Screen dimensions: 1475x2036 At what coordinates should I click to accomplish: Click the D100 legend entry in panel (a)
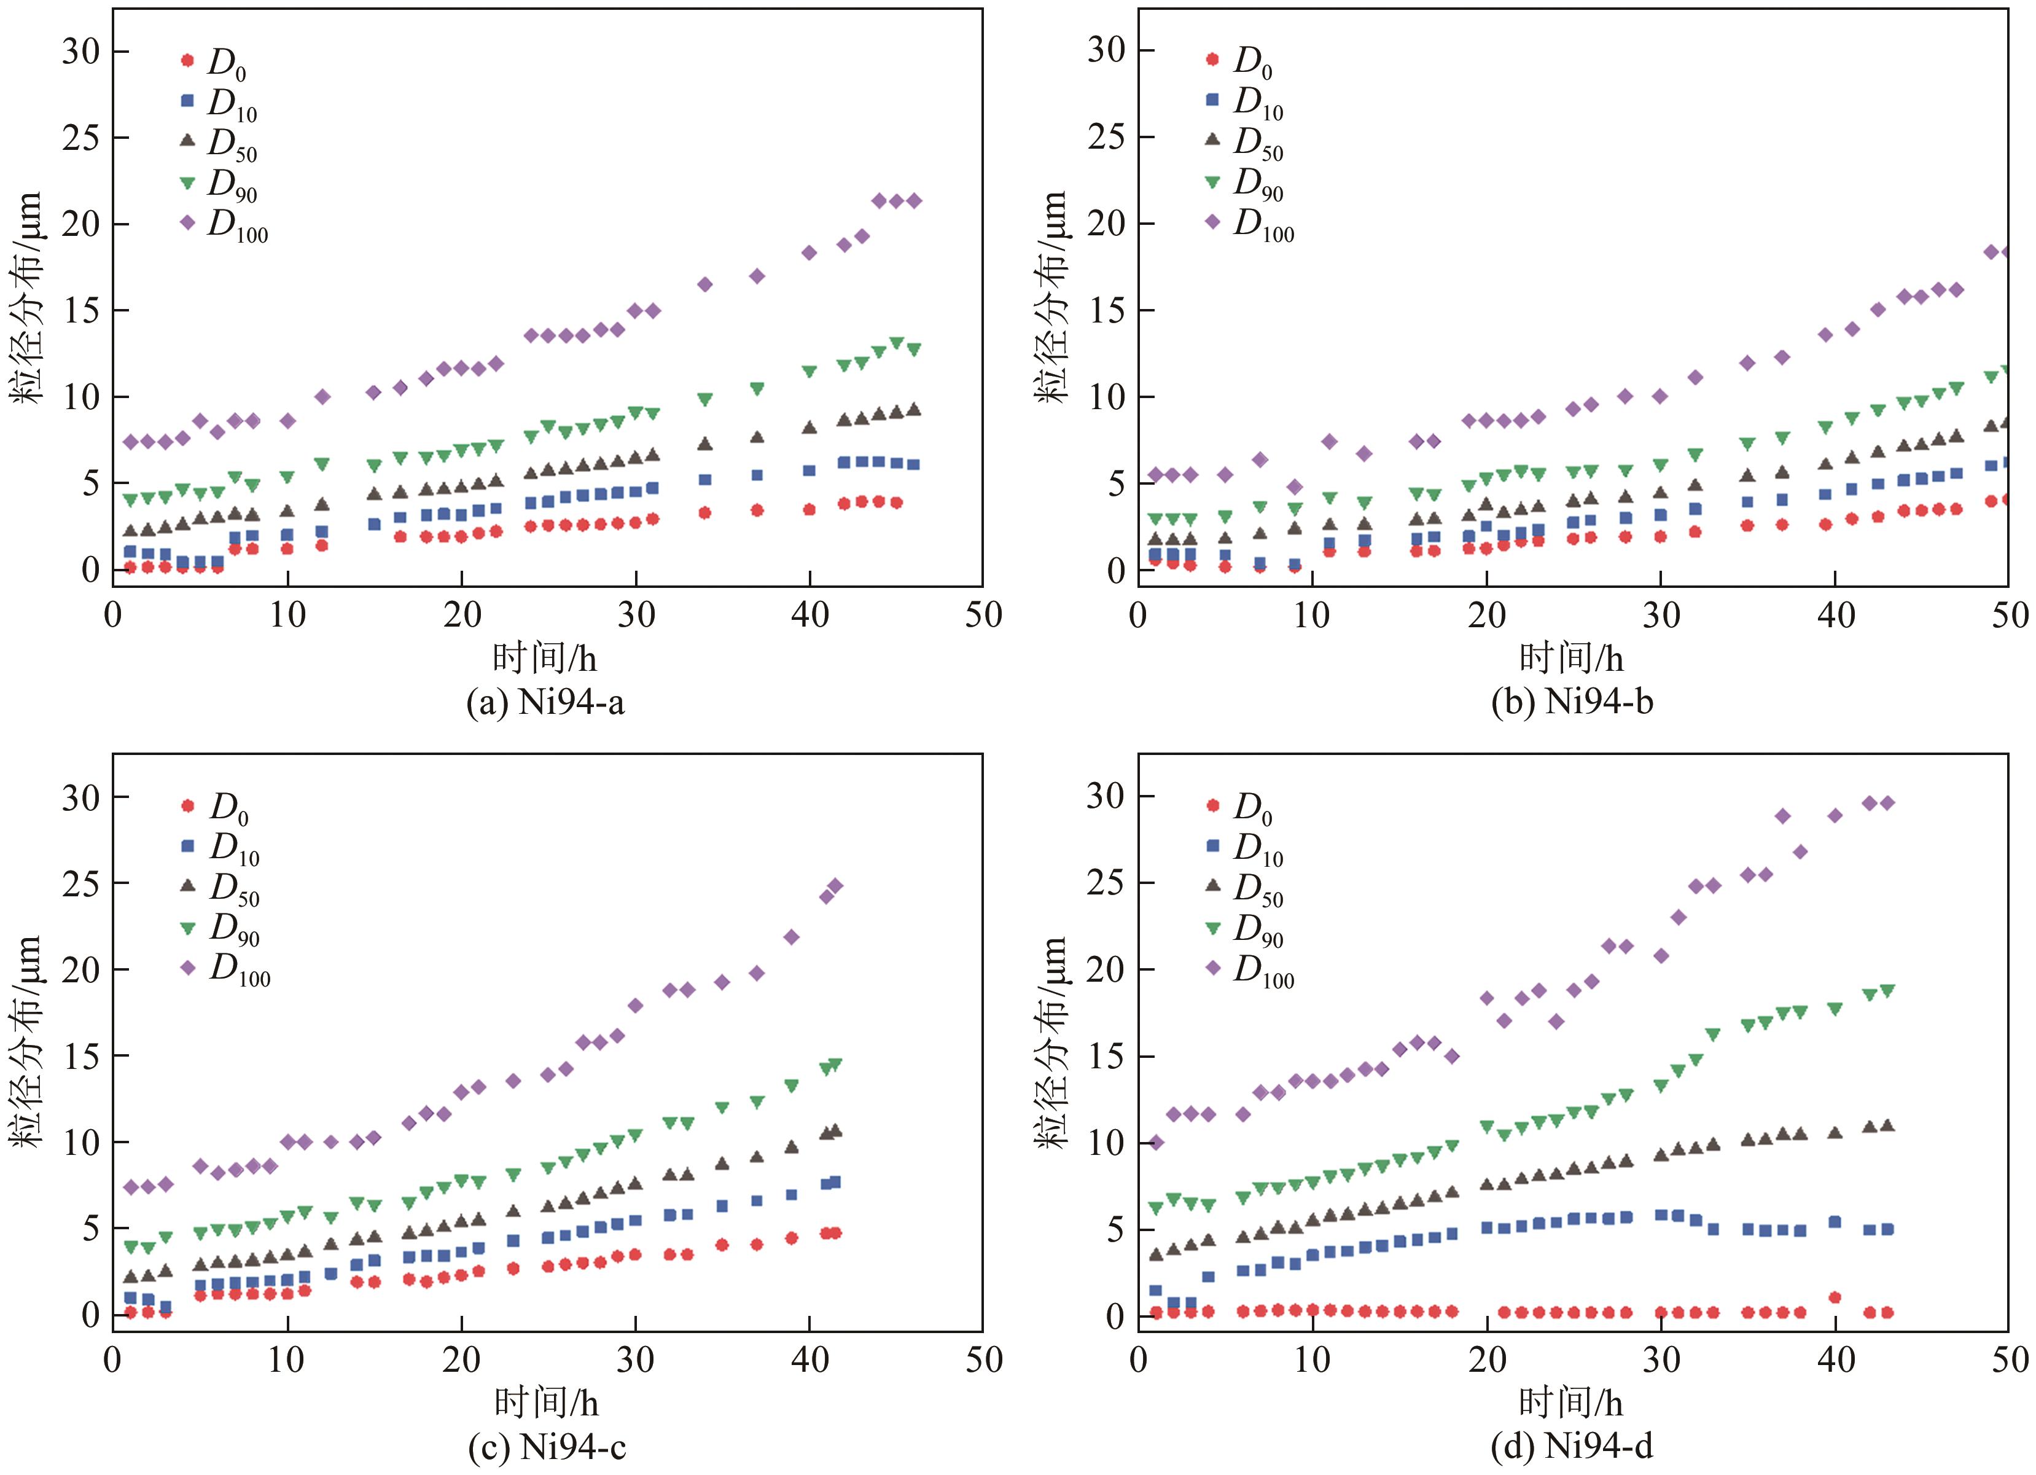(x=224, y=224)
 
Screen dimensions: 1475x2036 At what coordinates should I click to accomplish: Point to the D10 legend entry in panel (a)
(x=220, y=103)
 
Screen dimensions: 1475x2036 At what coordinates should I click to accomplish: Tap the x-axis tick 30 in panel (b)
(x=1661, y=615)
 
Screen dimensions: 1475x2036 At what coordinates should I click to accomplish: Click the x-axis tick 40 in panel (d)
(x=1835, y=1360)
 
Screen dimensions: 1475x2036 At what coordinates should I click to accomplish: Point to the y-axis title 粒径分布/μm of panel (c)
(x=27, y=1041)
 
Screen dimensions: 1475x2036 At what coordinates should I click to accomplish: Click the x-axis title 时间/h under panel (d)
(x=1571, y=1403)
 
